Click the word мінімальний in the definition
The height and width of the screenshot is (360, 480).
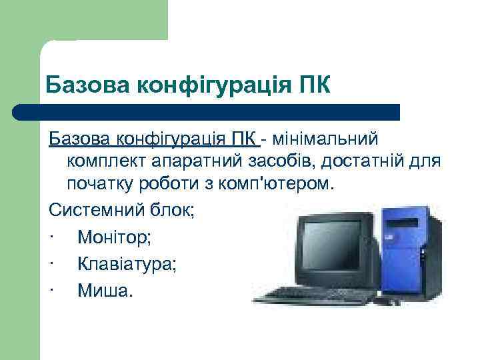coord(323,139)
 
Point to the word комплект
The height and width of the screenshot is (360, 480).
coord(106,161)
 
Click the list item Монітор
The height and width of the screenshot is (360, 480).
coord(110,237)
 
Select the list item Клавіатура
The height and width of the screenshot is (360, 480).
coord(127,263)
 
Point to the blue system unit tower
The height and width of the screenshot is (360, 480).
coord(409,250)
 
